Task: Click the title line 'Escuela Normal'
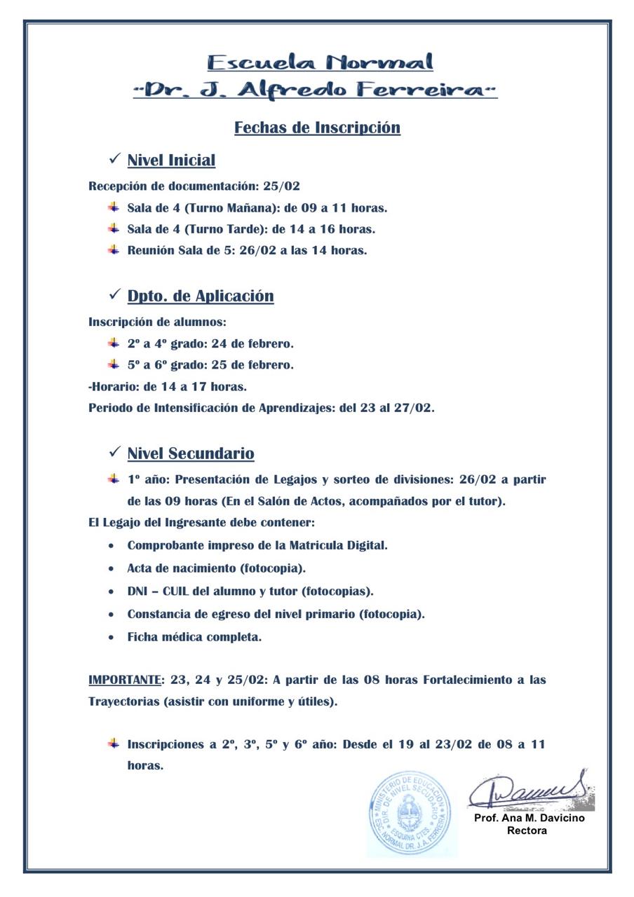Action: [x=320, y=62]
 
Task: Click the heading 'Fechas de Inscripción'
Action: [x=317, y=128]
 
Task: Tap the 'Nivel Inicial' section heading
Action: [x=171, y=160]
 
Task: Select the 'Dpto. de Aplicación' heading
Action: [x=201, y=296]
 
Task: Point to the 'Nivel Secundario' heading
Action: [x=191, y=453]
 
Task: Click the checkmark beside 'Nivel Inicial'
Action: [x=115, y=160]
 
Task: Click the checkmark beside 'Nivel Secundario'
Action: [x=115, y=453]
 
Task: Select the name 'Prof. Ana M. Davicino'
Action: [x=530, y=818]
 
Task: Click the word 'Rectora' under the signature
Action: [x=527, y=831]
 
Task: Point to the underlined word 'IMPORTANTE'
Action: [x=125, y=680]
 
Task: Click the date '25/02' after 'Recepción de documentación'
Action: [x=281, y=186]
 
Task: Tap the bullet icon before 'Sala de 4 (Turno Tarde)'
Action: [x=114, y=228]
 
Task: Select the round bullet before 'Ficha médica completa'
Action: [x=112, y=638]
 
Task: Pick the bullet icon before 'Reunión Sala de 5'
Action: [x=114, y=249]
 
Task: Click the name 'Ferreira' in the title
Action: [x=421, y=90]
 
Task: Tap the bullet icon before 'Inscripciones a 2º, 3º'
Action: [x=114, y=743]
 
